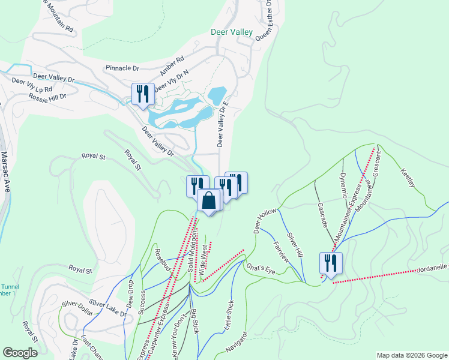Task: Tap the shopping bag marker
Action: (x=208, y=201)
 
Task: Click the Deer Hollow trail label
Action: (x=264, y=221)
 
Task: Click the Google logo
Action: (x=21, y=353)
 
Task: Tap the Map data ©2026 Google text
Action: (x=411, y=355)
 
